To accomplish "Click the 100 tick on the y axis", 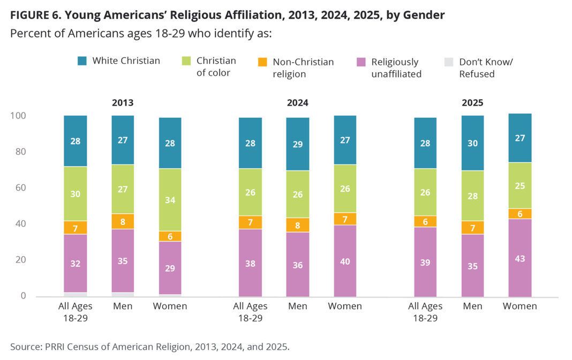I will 18,116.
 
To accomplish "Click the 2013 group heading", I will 123,103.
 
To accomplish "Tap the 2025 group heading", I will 472,103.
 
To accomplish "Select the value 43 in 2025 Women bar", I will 520,258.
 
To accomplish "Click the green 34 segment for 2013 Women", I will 170,200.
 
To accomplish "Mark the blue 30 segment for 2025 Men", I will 472,143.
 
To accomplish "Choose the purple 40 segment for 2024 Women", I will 345,261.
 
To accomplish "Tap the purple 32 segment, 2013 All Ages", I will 76,264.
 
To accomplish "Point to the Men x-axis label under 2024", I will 297,306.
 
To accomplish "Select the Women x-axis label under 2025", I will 520,306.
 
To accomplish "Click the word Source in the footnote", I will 25,347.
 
